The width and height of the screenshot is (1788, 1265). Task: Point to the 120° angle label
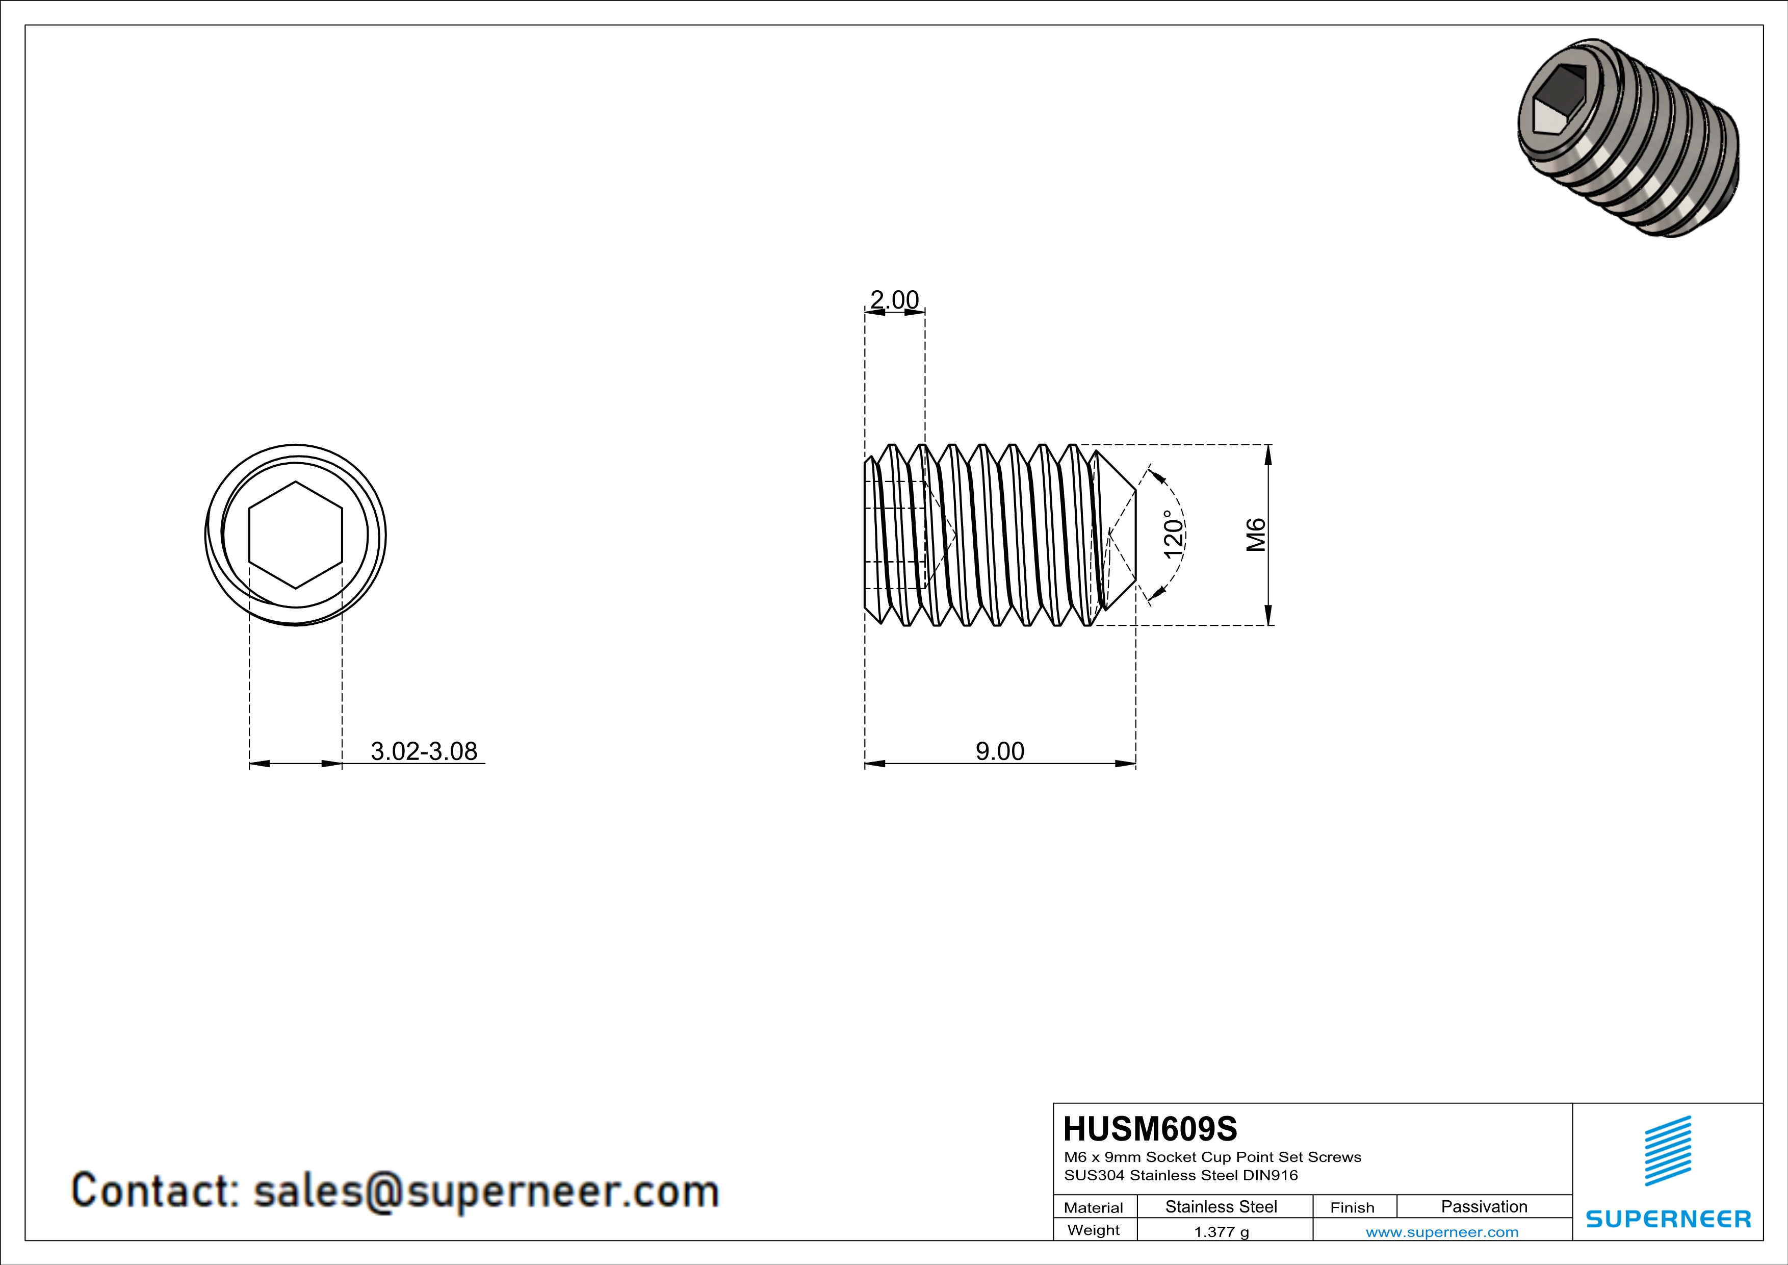point(1174,535)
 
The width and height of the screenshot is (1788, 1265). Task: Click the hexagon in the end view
point(295,535)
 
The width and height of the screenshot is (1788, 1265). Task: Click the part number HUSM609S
point(1150,1129)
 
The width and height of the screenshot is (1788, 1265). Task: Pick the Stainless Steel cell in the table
point(1221,1206)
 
